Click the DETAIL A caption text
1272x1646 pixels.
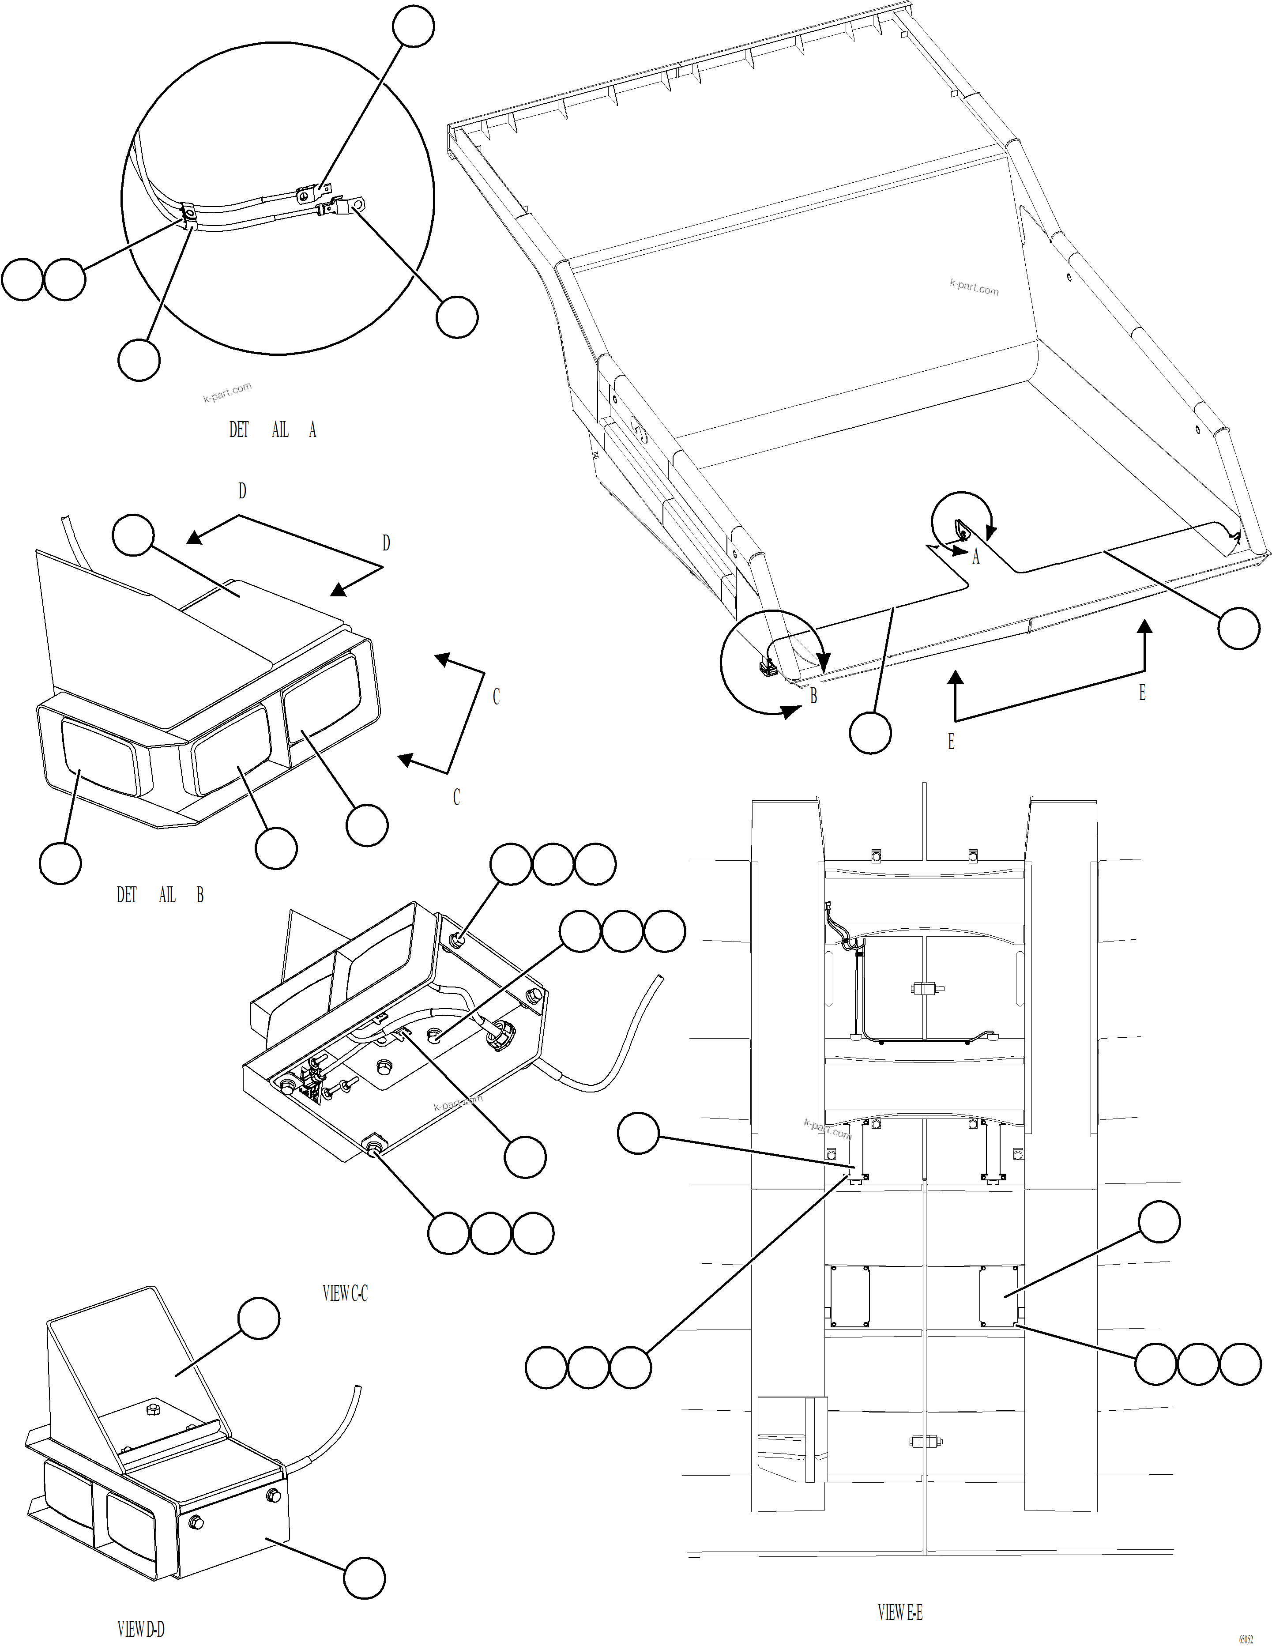pyautogui.click(x=273, y=430)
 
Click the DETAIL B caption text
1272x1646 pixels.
pyautogui.click(x=160, y=895)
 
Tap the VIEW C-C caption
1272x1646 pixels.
pyautogui.click(x=345, y=1294)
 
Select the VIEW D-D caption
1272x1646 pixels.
pyautogui.click(x=141, y=1629)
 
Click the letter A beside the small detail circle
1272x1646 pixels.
pyautogui.click(x=976, y=557)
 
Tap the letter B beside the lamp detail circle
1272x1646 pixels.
pyautogui.click(x=813, y=697)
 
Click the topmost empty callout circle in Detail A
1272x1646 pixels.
pyautogui.click(x=414, y=27)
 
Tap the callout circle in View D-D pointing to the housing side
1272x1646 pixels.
pyautogui.click(x=365, y=1578)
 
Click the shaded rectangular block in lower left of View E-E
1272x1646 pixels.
pyautogui.click(x=792, y=1439)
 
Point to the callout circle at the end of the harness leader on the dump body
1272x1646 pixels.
pyautogui.click(x=1239, y=628)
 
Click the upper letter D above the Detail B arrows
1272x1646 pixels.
pyautogui.click(x=242, y=491)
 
